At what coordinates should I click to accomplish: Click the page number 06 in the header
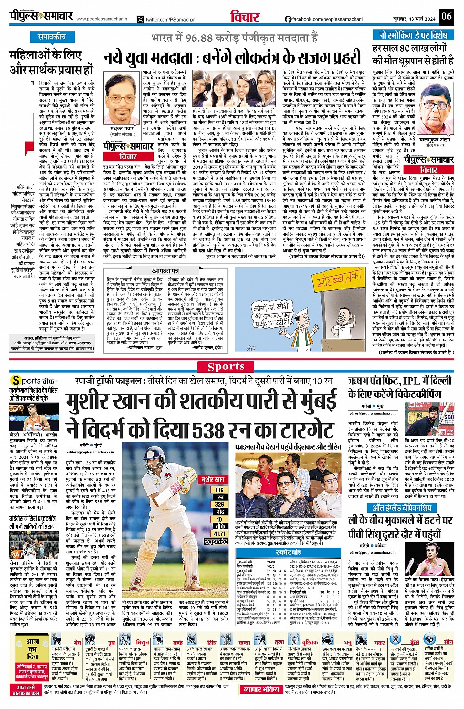coord(446,16)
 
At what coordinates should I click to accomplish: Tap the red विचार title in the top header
coord(245,17)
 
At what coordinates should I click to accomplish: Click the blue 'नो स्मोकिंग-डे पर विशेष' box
coord(412,35)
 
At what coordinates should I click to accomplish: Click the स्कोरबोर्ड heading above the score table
coord(289,552)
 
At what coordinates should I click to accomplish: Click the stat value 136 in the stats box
coord(219,490)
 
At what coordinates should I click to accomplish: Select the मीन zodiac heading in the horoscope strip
coord(448,642)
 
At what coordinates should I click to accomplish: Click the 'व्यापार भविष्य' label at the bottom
coord(261,689)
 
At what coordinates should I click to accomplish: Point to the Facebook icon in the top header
coord(288,19)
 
